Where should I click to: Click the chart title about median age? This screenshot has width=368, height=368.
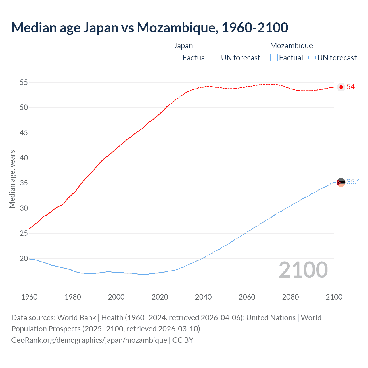(149, 28)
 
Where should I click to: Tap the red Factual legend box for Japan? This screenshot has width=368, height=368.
(177, 58)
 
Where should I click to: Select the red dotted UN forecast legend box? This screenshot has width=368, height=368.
(216, 58)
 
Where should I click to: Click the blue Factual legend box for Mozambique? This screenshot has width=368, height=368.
(274, 58)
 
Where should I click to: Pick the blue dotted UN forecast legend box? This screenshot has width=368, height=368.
(312, 58)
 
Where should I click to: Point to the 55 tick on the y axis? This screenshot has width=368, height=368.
(24, 83)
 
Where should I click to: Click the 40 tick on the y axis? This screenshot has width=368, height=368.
(24, 158)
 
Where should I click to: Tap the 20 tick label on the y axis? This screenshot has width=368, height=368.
(24, 259)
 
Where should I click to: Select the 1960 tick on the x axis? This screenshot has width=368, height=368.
(29, 297)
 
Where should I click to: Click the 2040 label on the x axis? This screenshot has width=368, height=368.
(203, 297)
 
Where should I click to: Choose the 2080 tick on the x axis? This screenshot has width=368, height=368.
(290, 297)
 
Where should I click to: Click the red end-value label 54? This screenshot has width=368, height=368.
(350, 87)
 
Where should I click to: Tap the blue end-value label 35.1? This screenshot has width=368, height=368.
(353, 182)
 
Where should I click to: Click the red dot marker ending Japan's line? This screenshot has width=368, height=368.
(341, 87)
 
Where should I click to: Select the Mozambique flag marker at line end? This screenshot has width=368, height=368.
(341, 182)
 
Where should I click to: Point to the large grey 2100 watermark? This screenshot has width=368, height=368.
(303, 270)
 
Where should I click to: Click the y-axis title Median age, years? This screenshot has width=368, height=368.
(12, 179)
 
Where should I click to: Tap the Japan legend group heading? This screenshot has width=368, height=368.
(183, 46)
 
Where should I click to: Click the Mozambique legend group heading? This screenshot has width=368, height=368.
(291, 46)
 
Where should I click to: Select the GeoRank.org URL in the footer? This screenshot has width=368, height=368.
(89, 340)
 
